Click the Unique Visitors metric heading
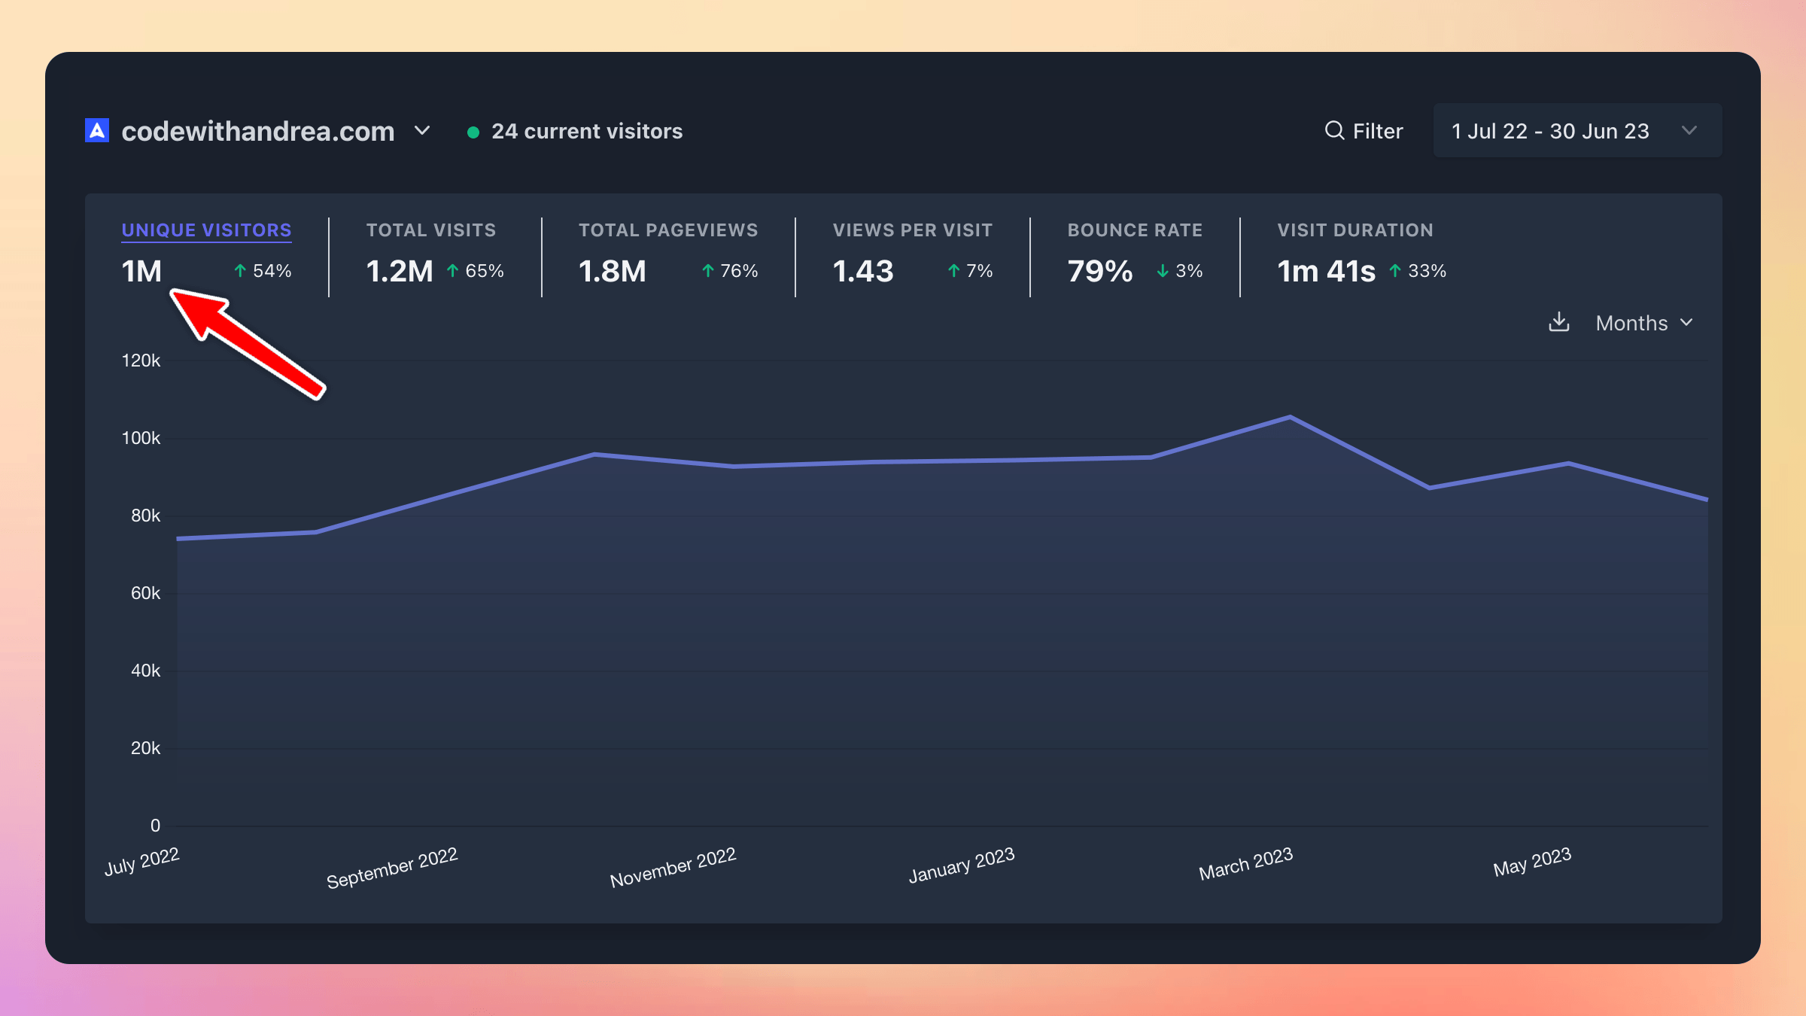click(x=206, y=230)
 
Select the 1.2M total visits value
click(x=400, y=272)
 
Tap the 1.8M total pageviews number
click(x=612, y=272)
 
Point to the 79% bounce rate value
click(x=1099, y=272)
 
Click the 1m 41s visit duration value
click(x=1326, y=272)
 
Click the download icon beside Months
click(x=1559, y=322)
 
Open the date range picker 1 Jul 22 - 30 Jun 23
click(x=1576, y=131)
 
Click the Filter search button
click(x=1364, y=131)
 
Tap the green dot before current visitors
click(x=473, y=132)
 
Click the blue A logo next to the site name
click(x=97, y=131)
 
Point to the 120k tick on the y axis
click(x=141, y=360)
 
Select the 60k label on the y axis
click(x=145, y=593)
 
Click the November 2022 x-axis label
click(x=673, y=868)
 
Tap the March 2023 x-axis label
click(x=1245, y=864)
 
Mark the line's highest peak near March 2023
click(x=1290, y=416)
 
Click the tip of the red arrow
click(x=174, y=294)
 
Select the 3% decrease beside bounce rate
click(x=1181, y=271)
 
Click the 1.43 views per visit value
click(x=862, y=272)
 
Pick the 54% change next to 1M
click(x=263, y=271)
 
